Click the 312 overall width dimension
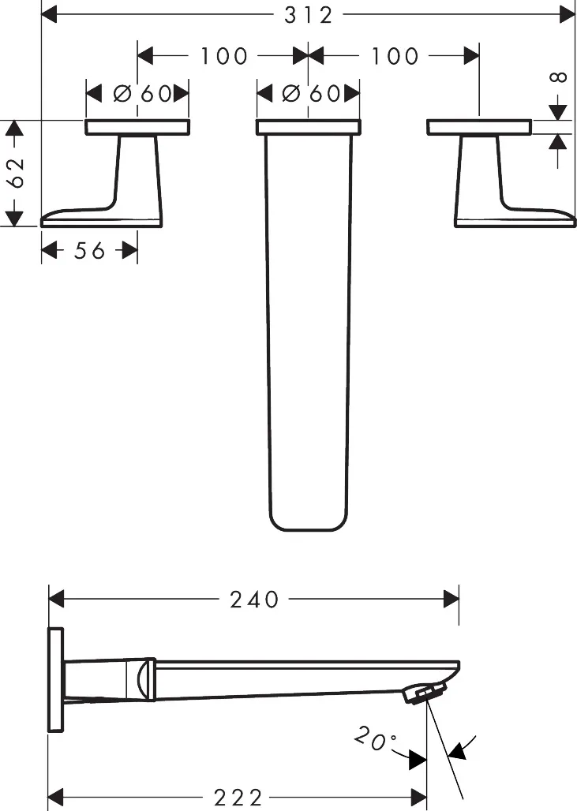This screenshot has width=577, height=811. [x=309, y=14]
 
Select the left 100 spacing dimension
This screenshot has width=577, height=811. [x=223, y=56]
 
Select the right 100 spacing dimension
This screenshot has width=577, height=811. [x=394, y=56]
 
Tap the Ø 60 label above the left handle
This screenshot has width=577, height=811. [x=142, y=94]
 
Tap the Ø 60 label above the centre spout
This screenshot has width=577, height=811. [x=311, y=94]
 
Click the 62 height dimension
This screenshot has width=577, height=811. [x=15, y=172]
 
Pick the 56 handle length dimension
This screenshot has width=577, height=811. [x=89, y=251]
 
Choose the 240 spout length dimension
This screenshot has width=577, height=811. [x=254, y=600]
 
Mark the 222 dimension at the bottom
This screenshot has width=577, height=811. [x=238, y=798]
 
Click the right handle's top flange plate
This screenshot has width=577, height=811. [x=479, y=127]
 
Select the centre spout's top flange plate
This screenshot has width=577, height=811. [x=309, y=127]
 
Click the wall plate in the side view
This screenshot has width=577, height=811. [x=55, y=680]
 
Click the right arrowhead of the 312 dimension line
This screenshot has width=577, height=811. [x=568, y=14]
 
